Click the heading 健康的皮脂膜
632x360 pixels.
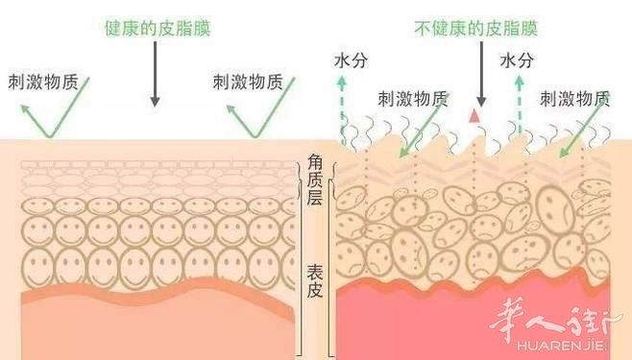coord(158,28)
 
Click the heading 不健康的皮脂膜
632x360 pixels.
coord(476,28)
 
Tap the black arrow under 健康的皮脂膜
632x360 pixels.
coord(156,74)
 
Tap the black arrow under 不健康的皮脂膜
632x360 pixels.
coord(481,74)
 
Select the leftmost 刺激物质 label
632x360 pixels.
coord(43,83)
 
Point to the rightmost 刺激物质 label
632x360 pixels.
coord(574,99)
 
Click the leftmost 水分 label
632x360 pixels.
coord(351,60)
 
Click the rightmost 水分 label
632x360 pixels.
coord(517,60)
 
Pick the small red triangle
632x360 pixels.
coord(474,116)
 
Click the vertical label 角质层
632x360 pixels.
coord(315,180)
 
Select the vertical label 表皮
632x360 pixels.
coord(315,281)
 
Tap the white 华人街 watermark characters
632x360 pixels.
coord(550,321)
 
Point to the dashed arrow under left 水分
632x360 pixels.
coord(342,109)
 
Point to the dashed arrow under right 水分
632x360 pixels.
coord(520,104)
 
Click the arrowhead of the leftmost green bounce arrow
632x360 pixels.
coord(25,108)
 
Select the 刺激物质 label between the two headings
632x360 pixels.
coord(248,83)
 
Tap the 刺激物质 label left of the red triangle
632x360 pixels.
coord(413,99)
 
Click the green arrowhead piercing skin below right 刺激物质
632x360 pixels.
coord(564,153)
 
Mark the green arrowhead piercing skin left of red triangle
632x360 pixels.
coord(403,152)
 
